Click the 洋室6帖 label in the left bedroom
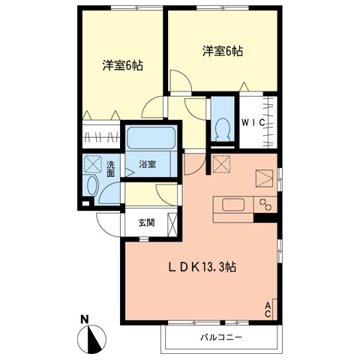pyautogui.click(x=123, y=65)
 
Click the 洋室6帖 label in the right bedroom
pyautogui.click(x=222, y=52)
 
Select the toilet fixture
pyautogui.click(x=223, y=129)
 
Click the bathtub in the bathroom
pyautogui.click(x=151, y=139)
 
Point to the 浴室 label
pyautogui.click(x=146, y=164)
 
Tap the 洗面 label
pyautogui.click(x=111, y=169)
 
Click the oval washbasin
pyautogui.click(x=94, y=187)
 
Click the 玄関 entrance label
pyautogui.click(x=146, y=223)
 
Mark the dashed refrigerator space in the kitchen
pyautogui.click(x=221, y=164)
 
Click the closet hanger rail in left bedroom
pyautogui.click(x=100, y=137)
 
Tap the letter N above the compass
pyautogui.click(x=86, y=318)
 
